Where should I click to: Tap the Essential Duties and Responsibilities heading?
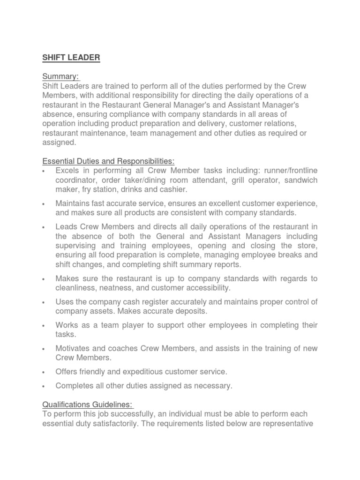click(108, 161)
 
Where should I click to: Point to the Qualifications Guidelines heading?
click(88, 404)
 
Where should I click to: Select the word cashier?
click(173, 189)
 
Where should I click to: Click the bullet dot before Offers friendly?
click(44, 372)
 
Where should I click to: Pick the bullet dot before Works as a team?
click(44, 325)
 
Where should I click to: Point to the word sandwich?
click(299, 180)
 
